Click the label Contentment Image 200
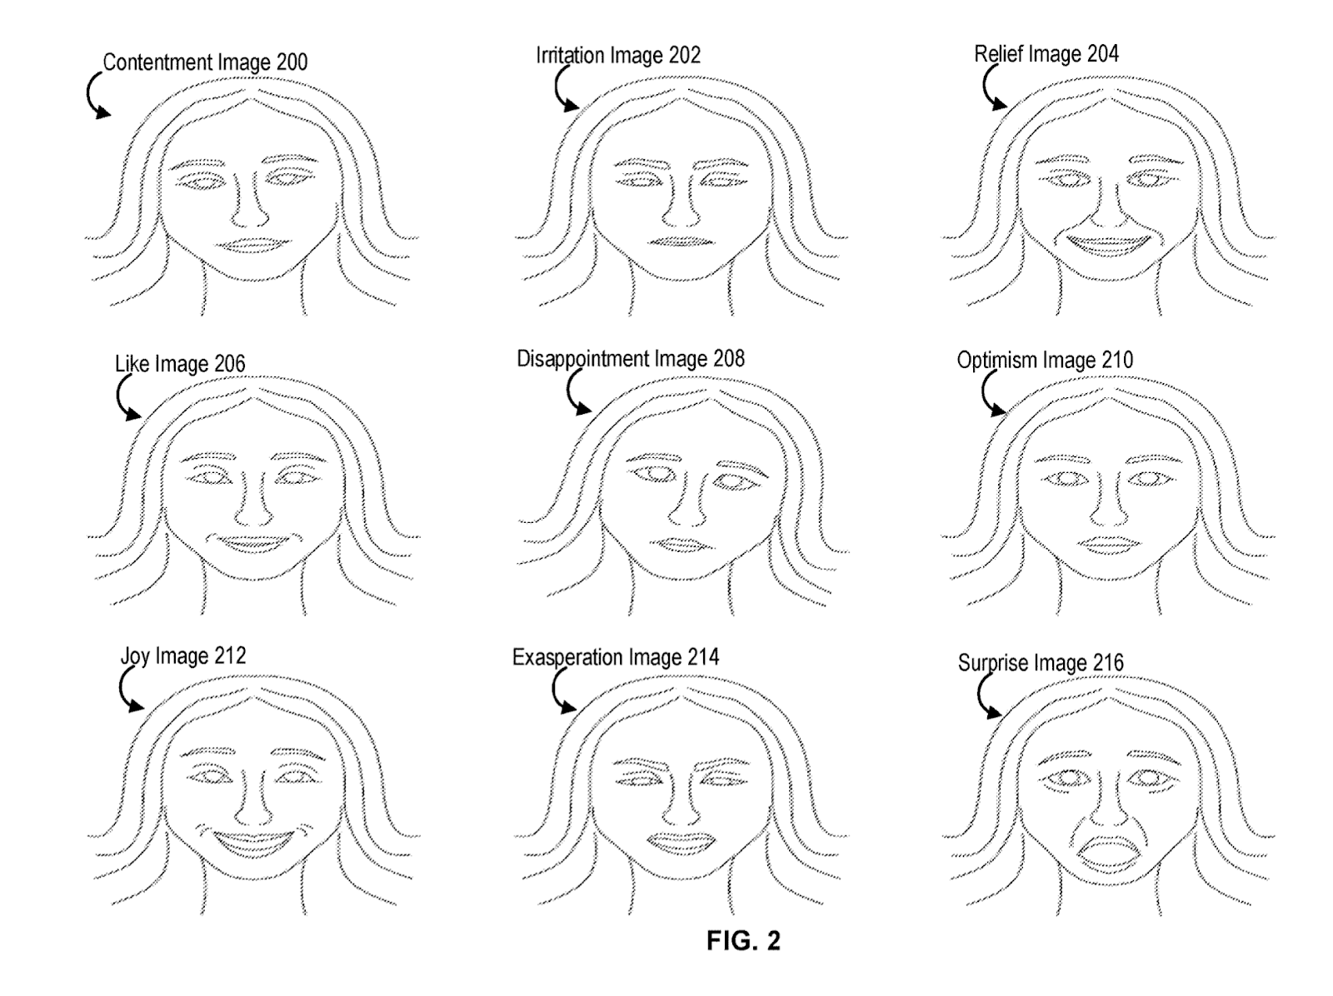(x=205, y=62)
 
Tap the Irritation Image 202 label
(x=617, y=56)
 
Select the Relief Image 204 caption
(x=1046, y=54)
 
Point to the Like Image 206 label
(x=180, y=364)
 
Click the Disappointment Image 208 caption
(x=631, y=359)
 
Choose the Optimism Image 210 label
(x=1045, y=361)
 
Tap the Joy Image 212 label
(x=183, y=656)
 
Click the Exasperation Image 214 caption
(x=616, y=657)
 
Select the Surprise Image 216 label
(x=1041, y=663)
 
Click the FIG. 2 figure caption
(x=743, y=941)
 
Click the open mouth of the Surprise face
(x=1110, y=854)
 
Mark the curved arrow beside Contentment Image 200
(x=96, y=96)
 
